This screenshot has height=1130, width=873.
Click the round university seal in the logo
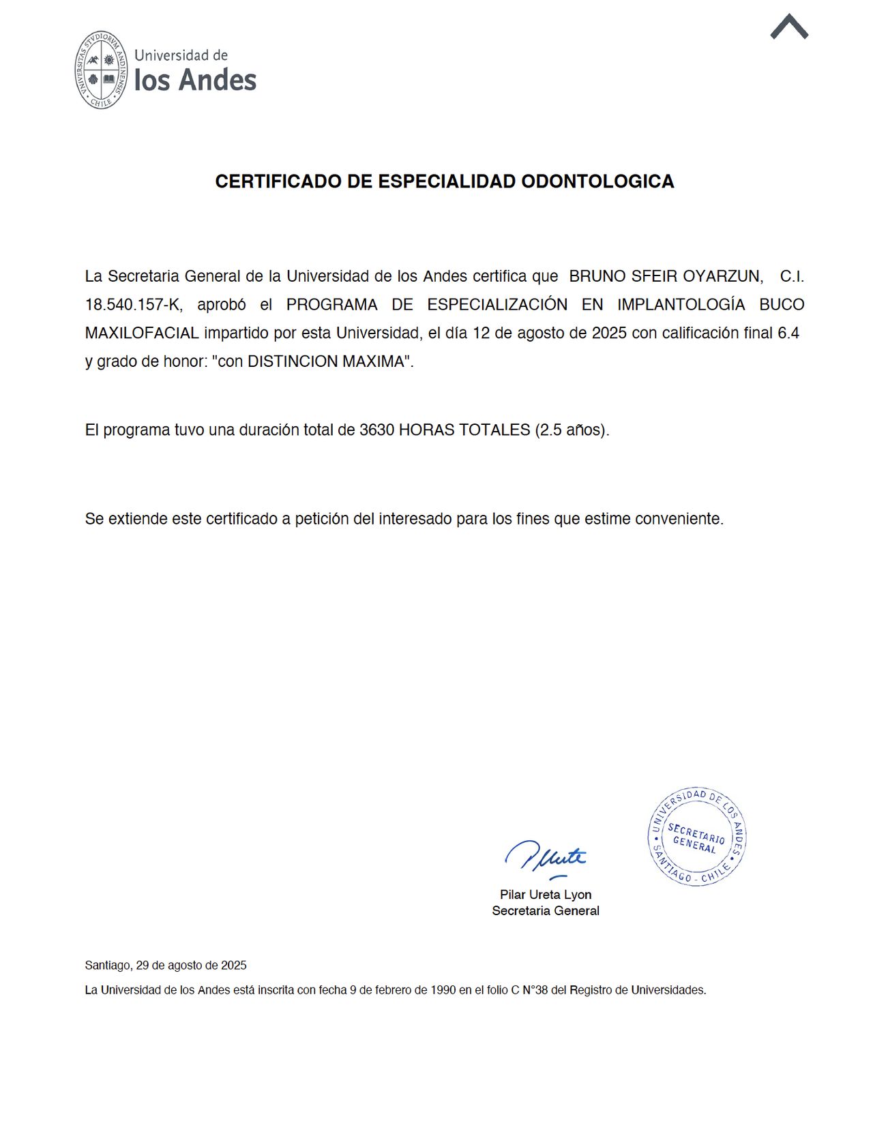pos(102,70)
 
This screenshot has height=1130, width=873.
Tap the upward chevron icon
pos(789,27)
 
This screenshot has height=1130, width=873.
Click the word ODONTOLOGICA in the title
pos(597,181)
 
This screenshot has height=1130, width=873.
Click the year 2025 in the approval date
pos(608,333)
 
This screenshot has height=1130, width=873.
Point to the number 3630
pos(376,430)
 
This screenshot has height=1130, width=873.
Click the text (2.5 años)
pos(572,430)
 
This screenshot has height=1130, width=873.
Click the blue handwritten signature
pos(546,858)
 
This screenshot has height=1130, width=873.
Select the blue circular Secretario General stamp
pos(696,837)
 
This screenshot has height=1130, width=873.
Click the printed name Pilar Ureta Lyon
pos(546,895)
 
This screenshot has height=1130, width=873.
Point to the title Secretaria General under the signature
pos(546,911)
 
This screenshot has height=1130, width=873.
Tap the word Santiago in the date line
pos(107,966)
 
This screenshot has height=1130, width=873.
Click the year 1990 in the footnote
pos(443,990)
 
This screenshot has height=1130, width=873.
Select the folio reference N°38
pos(535,990)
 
